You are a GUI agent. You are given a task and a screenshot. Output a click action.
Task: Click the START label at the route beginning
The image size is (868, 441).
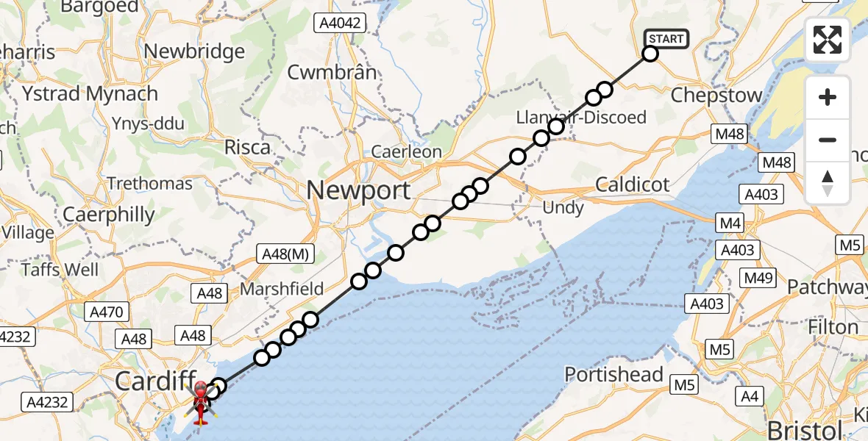(x=666, y=38)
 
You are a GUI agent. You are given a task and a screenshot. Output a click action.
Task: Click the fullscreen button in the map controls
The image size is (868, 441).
(x=828, y=40)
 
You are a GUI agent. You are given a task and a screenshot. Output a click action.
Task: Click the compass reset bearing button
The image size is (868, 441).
(x=828, y=183)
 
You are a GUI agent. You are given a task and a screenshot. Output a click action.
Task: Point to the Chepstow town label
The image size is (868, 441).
(x=716, y=96)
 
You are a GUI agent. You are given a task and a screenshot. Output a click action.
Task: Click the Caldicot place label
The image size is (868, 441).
(x=632, y=184)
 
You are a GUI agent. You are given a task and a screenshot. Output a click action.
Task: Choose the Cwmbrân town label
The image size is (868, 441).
(x=332, y=72)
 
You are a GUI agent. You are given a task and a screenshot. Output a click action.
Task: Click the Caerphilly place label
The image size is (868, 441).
(x=109, y=215)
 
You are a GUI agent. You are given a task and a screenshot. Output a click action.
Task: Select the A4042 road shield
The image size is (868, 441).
(x=340, y=24)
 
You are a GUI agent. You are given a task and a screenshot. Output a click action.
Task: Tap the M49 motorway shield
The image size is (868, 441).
(x=758, y=277)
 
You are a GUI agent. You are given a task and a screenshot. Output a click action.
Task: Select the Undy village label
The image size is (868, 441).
(x=563, y=208)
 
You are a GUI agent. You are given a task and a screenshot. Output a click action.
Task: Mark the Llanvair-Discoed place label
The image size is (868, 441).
(x=581, y=117)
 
